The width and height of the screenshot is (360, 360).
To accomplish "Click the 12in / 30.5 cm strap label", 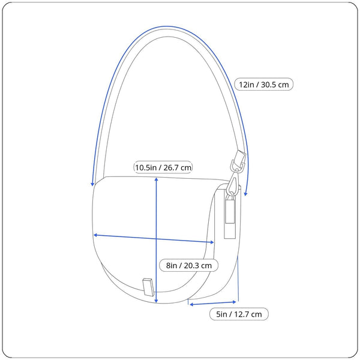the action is click(263, 84).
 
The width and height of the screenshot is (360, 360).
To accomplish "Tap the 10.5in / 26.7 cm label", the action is click(163, 167).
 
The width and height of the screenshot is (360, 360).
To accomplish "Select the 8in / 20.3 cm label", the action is click(189, 265).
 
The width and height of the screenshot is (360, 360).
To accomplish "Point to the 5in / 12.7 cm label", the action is click(239, 314).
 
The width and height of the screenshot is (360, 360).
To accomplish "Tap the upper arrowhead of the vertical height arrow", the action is click(156, 179).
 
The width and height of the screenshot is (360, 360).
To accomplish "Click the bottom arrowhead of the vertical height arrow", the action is click(156, 301).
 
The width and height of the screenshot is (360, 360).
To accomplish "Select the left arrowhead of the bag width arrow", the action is click(96, 235).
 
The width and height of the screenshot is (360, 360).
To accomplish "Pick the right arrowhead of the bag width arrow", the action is click(211, 242).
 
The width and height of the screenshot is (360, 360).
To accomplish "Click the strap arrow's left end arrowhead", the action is click(92, 184).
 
